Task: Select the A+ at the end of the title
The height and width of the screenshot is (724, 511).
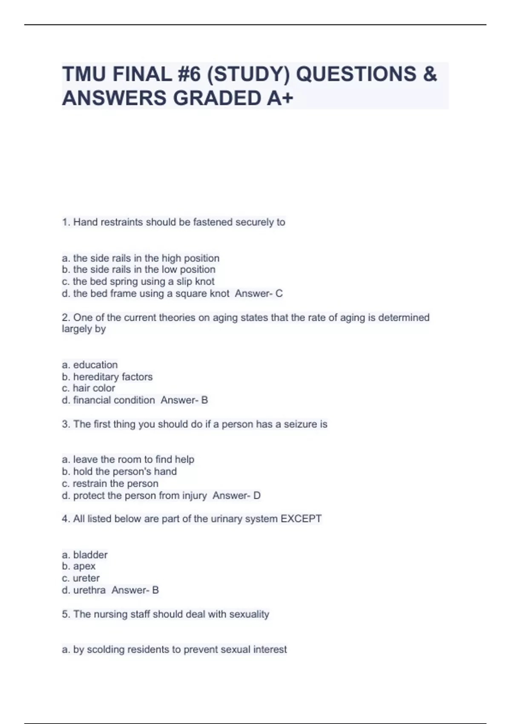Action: pyautogui.click(x=280, y=98)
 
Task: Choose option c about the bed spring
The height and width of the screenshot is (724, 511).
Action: pyautogui.click(x=138, y=282)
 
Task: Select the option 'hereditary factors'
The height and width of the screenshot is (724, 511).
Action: pyautogui.click(x=107, y=376)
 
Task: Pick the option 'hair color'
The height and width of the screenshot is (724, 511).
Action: pyautogui.click(x=89, y=388)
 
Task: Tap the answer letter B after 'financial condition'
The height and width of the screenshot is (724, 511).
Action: pyautogui.click(x=204, y=400)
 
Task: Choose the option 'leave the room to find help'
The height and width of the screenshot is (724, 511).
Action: pyautogui.click(x=128, y=459)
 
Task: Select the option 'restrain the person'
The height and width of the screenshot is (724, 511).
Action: pyautogui.click(x=110, y=483)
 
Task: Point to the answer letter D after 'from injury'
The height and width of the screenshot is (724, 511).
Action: pyautogui.click(x=257, y=495)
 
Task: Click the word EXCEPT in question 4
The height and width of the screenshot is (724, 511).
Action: pyautogui.click(x=301, y=519)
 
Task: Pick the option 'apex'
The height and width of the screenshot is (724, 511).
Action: pyautogui.click(x=79, y=566)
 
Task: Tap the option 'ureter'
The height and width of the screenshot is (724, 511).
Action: pyautogui.click(x=81, y=578)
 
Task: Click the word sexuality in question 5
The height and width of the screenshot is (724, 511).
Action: pyautogui.click(x=249, y=614)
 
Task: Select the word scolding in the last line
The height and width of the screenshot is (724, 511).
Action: pyautogui.click(x=105, y=649)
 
